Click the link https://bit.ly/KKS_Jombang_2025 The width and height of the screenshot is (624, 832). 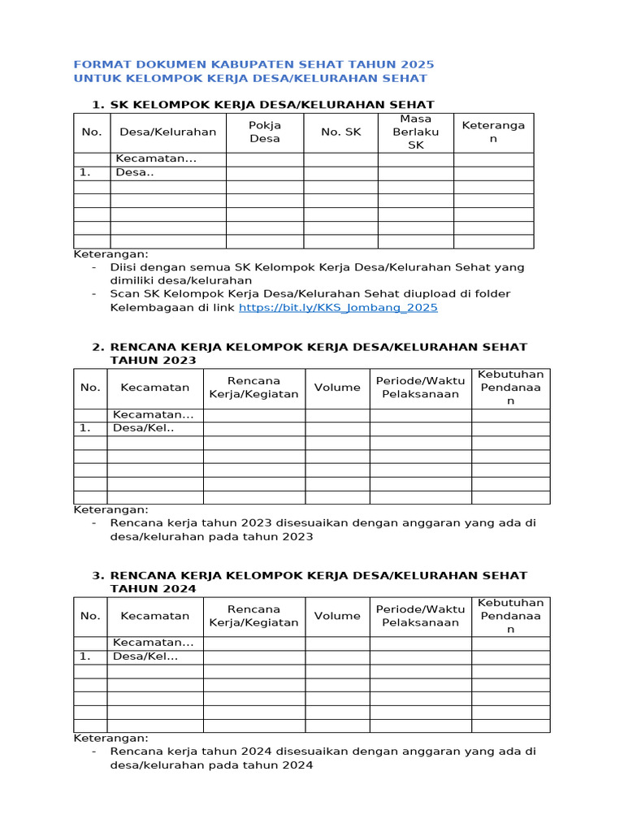coord(338,307)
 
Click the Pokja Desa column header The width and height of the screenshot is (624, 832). coord(264,132)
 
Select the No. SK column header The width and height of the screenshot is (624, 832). coord(340,132)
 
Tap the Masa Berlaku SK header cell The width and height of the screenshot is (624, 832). coord(415,132)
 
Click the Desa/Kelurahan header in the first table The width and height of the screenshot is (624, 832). coord(168,132)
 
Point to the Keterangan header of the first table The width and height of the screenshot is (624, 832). coord(493,132)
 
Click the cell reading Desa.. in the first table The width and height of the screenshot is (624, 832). coord(135,172)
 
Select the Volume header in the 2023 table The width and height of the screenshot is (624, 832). coord(337,388)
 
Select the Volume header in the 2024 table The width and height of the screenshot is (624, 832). coord(337,616)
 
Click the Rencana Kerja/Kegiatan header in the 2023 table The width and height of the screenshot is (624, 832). coord(253,388)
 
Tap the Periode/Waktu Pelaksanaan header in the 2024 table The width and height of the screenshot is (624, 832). coord(420,616)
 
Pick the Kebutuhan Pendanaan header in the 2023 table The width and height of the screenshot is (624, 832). coord(510,388)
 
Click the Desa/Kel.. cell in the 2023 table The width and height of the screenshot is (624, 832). coord(144,428)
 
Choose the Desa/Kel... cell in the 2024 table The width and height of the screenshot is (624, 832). coord(145,656)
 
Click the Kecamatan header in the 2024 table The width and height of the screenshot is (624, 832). coord(155,616)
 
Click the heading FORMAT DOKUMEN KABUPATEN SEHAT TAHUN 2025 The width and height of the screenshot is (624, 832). coord(253,64)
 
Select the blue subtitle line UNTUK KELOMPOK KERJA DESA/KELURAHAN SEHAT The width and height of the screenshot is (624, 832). coord(250,78)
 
